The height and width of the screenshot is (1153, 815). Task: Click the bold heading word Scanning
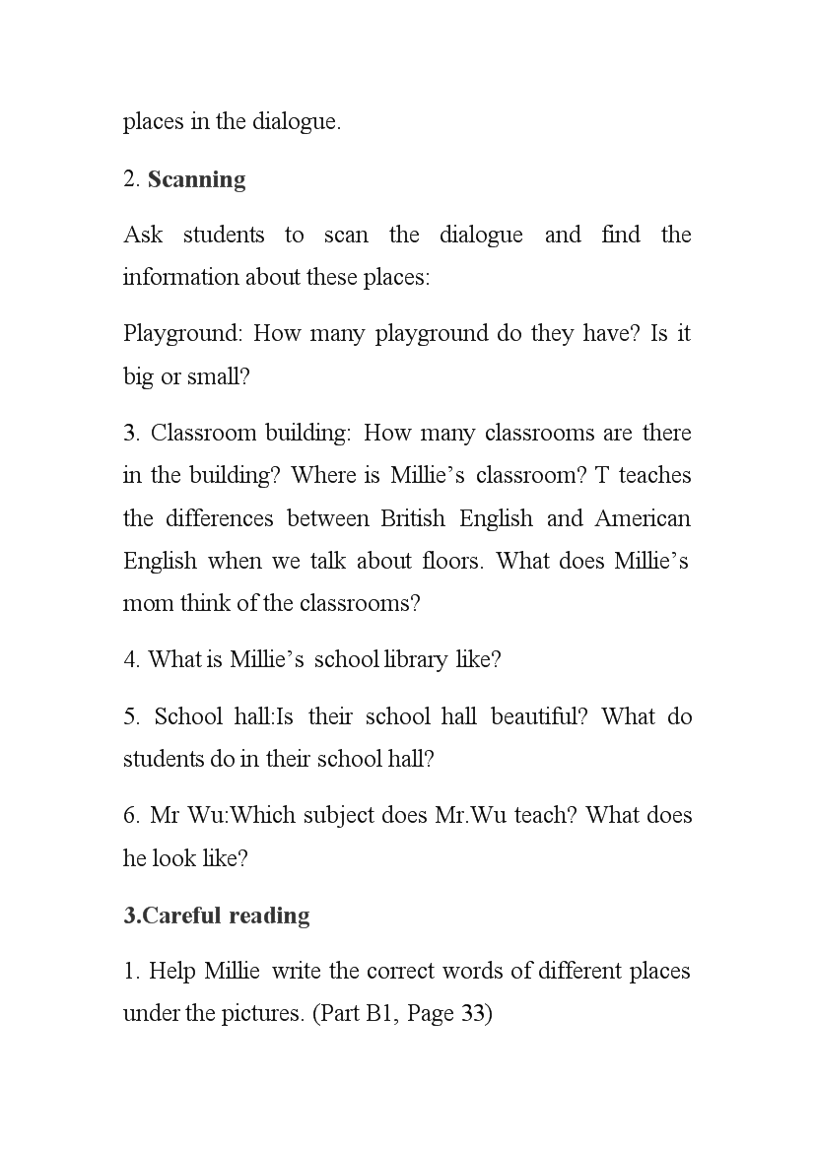(196, 179)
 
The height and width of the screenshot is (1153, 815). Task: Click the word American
(644, 518)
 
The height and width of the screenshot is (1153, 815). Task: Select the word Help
(172, 971)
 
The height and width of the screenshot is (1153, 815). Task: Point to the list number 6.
(130, 815)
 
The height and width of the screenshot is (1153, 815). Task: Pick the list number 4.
(130, 659)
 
